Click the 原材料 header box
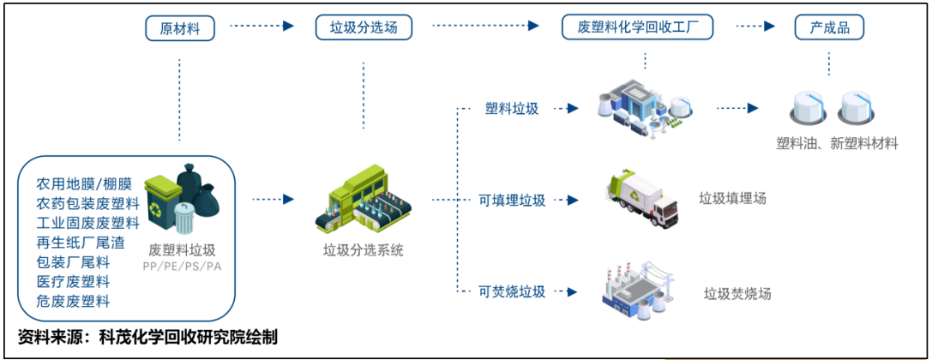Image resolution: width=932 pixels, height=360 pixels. click(180, 28)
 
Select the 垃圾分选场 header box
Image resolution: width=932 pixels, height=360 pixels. click(364, 28)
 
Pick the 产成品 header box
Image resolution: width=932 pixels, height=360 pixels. click(828, 28)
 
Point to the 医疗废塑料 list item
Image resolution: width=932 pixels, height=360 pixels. click(73, 281)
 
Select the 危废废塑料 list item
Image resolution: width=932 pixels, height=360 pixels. click(73, 301)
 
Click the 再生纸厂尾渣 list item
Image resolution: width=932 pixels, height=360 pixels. click(79, 243)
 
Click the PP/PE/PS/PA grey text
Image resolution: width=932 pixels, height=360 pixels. click(182, 267)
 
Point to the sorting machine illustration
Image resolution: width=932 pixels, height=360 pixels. click(364, 202)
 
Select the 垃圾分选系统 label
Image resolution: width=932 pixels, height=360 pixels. click(364, 251)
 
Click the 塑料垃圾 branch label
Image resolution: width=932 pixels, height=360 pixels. click(512, 109)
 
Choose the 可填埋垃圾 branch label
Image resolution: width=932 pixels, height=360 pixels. click(512, 201)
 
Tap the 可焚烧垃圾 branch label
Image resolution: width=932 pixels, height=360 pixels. click(512, 292)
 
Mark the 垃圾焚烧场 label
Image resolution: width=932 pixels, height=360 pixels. click(737, 294)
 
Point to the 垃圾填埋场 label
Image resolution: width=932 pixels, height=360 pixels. click(732, 199)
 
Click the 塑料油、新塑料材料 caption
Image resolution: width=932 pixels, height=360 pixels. click(837, 143)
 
